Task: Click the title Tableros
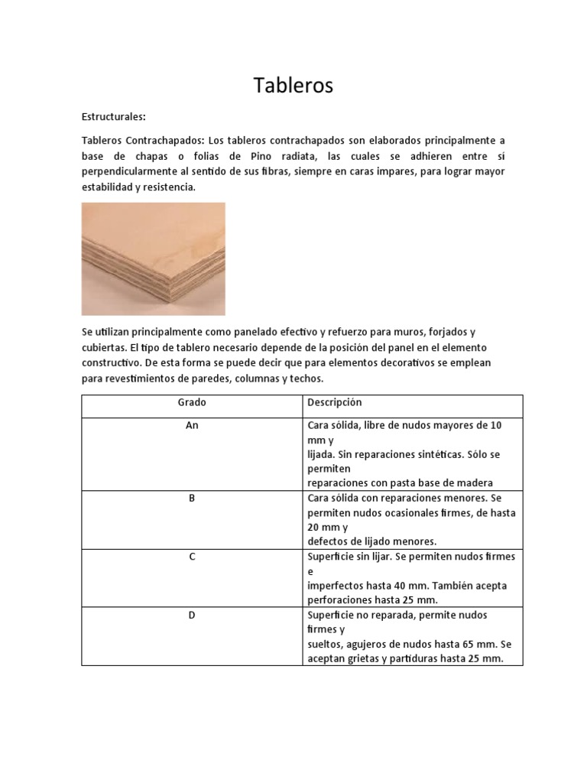[293, 86]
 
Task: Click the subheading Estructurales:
[113, 117]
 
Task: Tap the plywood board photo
[153, 258]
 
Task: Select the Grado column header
[192, 402]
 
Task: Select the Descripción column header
[334, 402]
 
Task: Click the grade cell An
[192, 425]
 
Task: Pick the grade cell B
[192, 498]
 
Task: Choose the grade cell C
[192, 557]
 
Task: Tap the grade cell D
[192, 615]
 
